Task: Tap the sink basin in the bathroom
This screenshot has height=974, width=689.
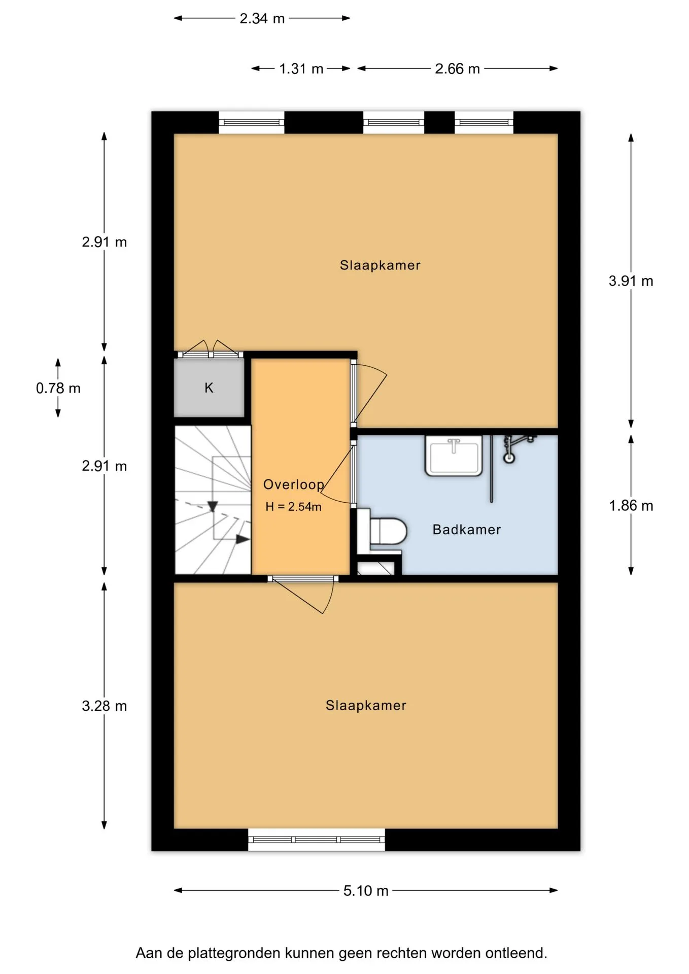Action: click(x=454, y=456)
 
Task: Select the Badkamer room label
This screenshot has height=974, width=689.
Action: click(x=467, y=530)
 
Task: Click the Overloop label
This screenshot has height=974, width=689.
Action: click(x=294, y=485)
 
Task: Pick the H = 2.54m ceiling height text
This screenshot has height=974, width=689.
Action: click(x=293, y=506)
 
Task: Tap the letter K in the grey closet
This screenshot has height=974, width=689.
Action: click(x=209, y=388)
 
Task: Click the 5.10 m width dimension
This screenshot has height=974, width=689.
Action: click(x=366, y=890)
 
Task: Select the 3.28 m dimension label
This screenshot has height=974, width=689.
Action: click(x=105, y=706)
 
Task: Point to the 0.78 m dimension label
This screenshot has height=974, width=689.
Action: click(x=58, y=388)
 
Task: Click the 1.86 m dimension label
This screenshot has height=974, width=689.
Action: click(x=631, y=505)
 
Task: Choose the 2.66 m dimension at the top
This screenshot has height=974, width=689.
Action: click(x=457, y=68)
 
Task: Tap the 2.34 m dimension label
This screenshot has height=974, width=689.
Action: click(x=262, y=18)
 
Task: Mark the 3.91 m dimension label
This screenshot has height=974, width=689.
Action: click(x=631, y=281)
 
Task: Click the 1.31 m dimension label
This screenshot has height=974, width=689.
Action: click(x=301, y=68)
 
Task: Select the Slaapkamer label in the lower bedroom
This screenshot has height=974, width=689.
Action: click(x=366, y=705)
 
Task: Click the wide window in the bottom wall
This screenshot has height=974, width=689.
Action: click(x=317, y=840)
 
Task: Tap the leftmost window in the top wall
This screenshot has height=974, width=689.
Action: click(x=252, y=123)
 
